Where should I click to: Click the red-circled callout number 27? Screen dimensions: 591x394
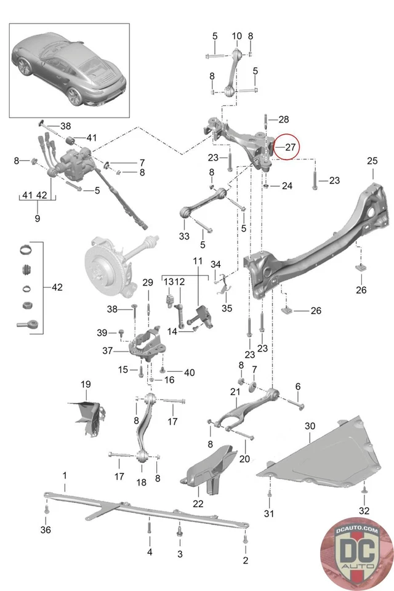[x=290, y=148]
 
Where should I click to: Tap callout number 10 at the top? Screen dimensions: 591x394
[x=237, y=36]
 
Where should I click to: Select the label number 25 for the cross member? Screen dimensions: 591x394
[x=372, y=161]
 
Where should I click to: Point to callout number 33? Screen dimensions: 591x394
[x=184, y=236]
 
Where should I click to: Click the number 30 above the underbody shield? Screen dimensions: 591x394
[x=309, y=426]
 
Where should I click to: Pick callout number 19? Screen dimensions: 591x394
[x=86, y=385]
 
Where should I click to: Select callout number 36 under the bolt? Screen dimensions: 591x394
[x=46, y=530]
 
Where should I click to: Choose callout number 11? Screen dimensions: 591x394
[x=197, y=262]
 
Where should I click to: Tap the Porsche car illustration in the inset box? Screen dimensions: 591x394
[x=70, y=69]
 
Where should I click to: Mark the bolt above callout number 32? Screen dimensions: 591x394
[x=364, y=490]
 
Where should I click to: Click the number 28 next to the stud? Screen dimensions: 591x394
[x=283, y=119]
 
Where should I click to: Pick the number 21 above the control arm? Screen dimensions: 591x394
[x=235, y=392]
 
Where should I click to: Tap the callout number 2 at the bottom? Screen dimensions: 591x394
[x=245, y=560]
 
